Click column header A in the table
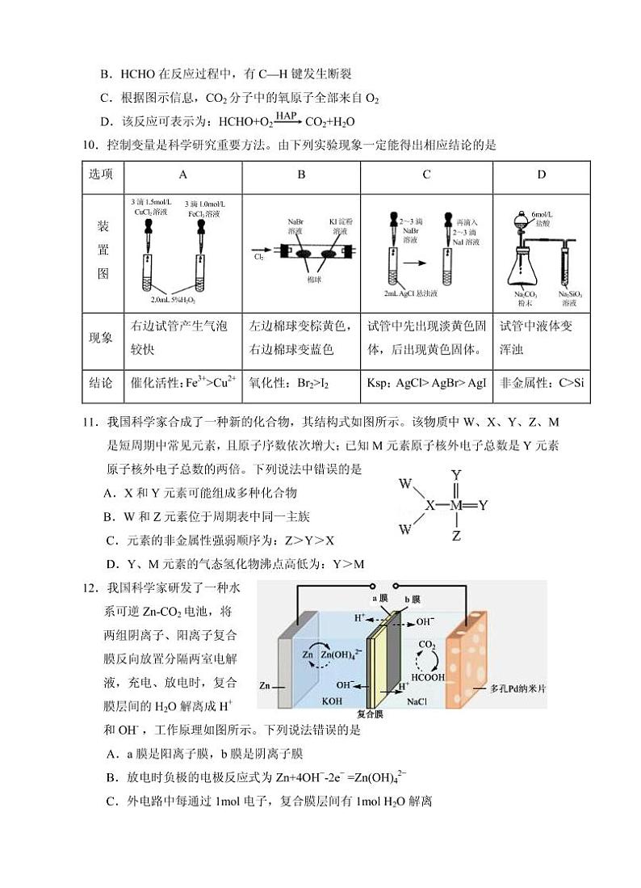tap(182, 175)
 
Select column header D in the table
tap(541, 175)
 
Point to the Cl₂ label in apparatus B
tap(259, 257)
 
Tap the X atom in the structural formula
tap(429, 505)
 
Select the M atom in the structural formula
tap(456, 505)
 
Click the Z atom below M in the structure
tap(456, 535)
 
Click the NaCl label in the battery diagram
tap(417, 701)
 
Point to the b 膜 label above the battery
tap(411, 600)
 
